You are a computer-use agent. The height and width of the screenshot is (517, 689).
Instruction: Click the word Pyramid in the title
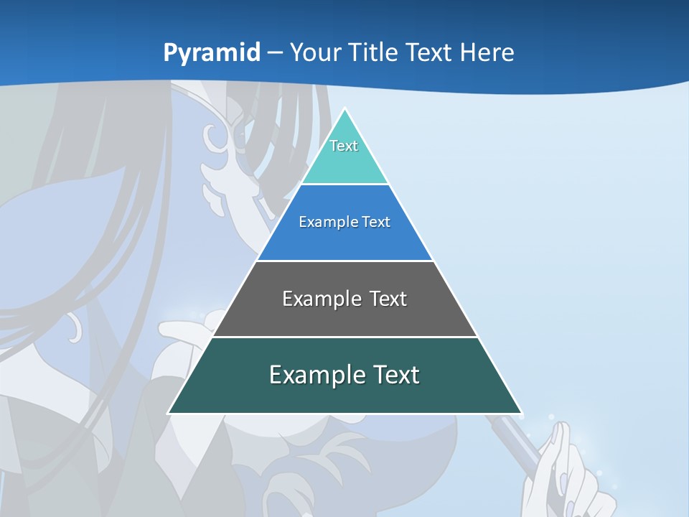[211, 53]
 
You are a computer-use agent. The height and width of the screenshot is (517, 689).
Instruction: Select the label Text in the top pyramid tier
[344, 146]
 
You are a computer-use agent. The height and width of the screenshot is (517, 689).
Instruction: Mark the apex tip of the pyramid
[345, 109]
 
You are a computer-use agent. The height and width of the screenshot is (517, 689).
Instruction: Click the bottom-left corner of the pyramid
[169, 413]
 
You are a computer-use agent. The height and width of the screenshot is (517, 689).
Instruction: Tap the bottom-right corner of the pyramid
[521, 413]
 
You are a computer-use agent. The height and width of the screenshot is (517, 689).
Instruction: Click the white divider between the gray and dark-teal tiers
[344, 337]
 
